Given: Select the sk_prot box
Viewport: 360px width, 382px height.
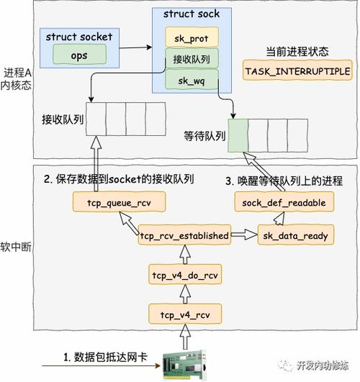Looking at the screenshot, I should [x=191, y=37].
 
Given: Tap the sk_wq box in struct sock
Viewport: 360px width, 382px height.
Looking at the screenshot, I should [x=191, y=82].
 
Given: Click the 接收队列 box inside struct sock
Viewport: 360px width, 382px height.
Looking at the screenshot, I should [x=191, y=60].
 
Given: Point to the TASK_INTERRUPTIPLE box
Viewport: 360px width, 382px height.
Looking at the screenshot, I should [x=297, y=73].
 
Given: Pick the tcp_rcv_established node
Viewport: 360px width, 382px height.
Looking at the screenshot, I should [x=184, y=235].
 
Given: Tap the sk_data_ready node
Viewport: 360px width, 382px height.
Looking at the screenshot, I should [x=287, y=235].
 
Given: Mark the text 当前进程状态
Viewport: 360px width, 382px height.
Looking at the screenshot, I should [x=297, y=53].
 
